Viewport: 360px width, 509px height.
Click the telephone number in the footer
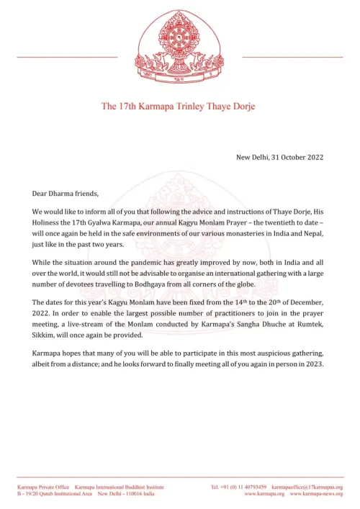click(x=238, y=486)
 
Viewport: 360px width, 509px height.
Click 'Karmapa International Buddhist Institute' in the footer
click(x=118, y=486)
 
